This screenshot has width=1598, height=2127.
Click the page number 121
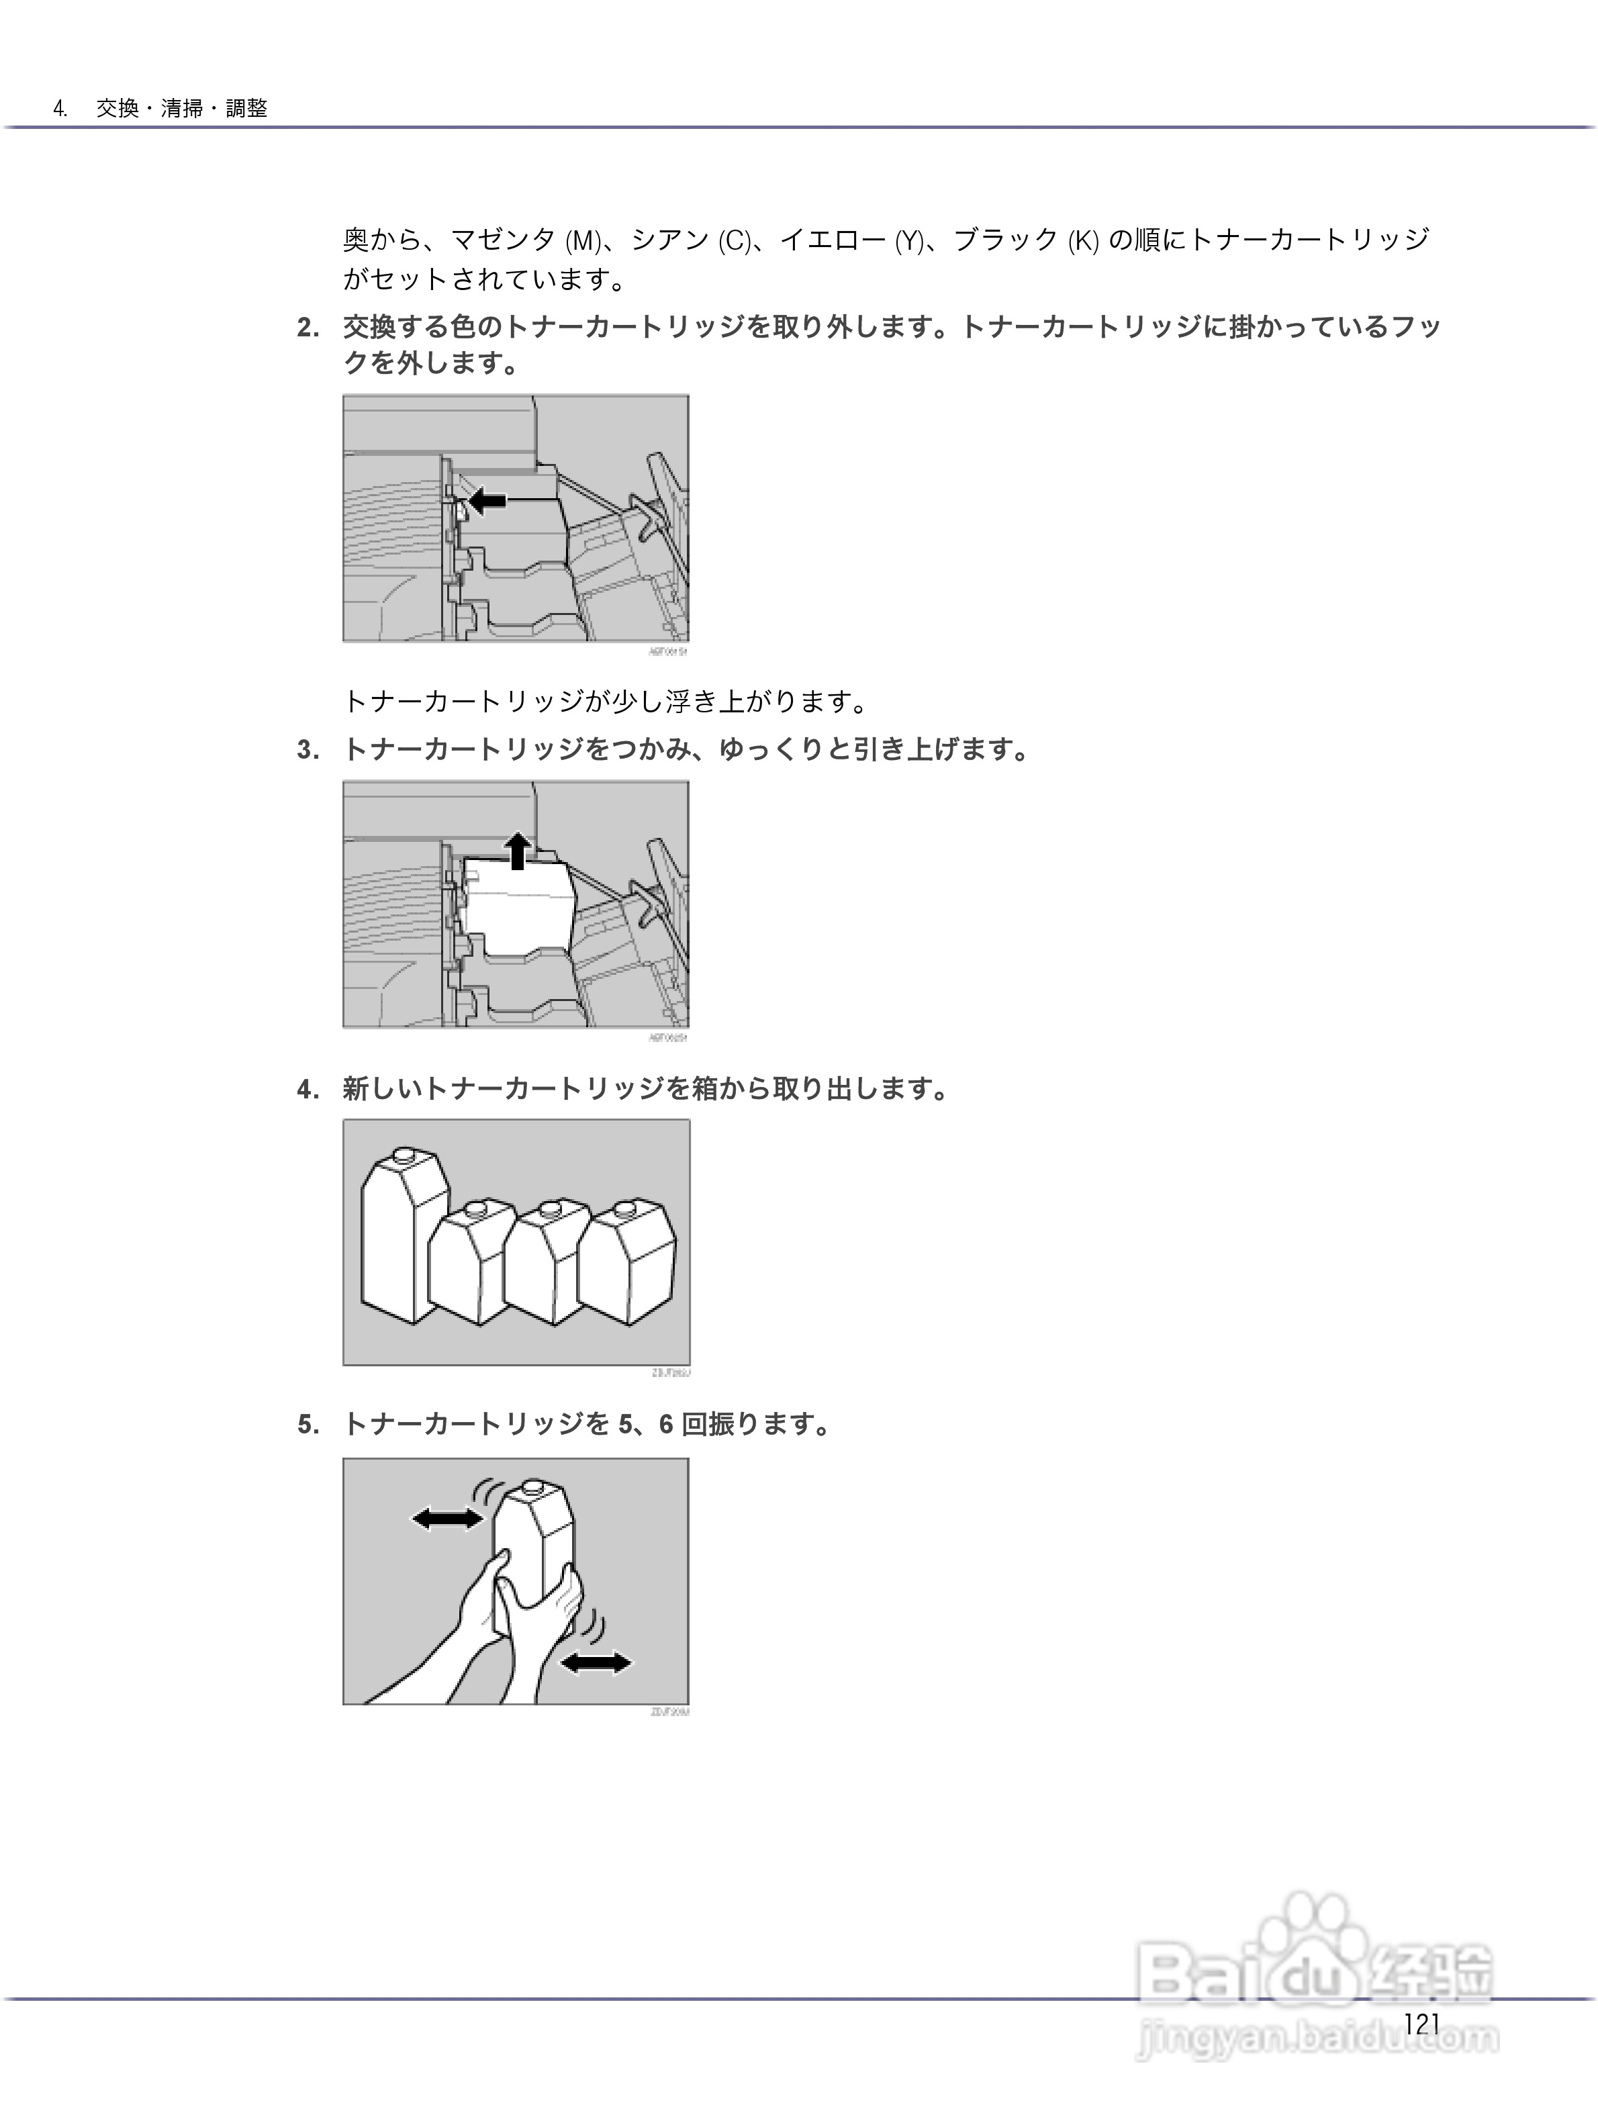[1421, 2024]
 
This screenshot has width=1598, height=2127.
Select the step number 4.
[308, 1090]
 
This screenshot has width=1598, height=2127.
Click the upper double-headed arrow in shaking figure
[447, 1518]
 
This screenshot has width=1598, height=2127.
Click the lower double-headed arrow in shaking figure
[596, 1662]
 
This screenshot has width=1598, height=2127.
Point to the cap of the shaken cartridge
[534, 1489]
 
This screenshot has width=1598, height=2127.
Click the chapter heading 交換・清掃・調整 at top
[182, 109]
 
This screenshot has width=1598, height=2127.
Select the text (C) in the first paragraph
[735, 241]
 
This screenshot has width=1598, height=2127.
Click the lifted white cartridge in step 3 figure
[516, 904]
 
